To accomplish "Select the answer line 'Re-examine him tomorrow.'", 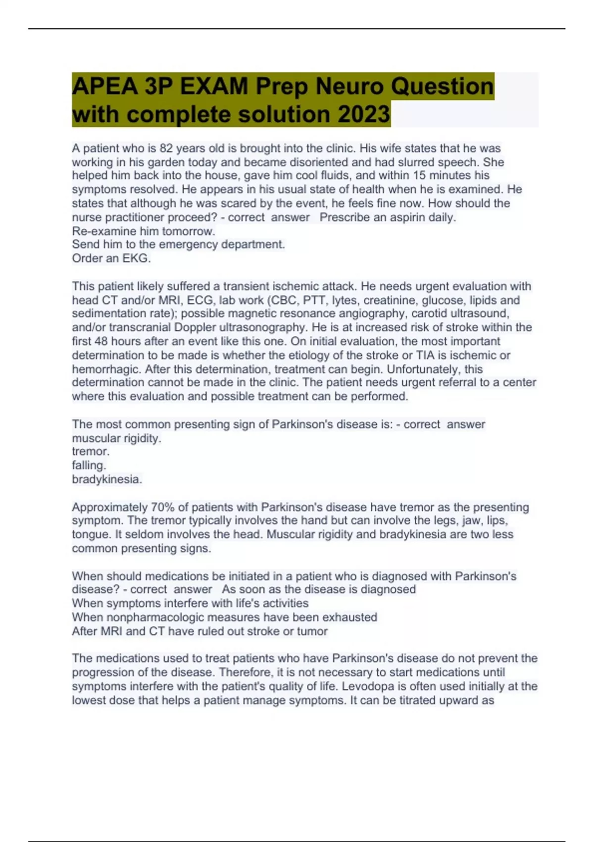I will tap(144, 231).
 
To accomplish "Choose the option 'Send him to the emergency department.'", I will tap(178, 245).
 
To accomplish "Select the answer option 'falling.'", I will tap(89, 466).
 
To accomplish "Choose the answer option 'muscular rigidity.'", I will tap(117, 438).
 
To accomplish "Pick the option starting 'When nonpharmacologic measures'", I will tap(224, 617).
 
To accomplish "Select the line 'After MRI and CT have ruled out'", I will tap(199, 631).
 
